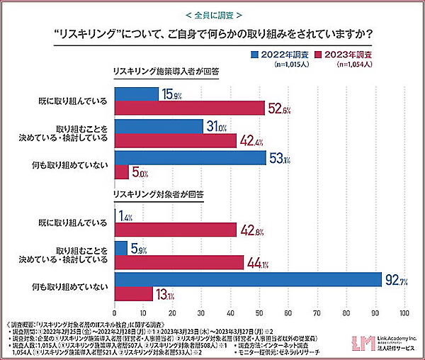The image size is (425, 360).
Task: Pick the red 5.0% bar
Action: (x=121, y=171)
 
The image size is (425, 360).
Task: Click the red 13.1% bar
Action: (x=133, y=293)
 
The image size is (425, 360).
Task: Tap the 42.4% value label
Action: (x=251, y=140)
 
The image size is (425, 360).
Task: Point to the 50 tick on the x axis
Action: (x=259, y=313)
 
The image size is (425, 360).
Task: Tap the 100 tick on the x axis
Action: (x=404, y=313)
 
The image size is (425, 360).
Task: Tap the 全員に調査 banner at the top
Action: (x=212, y=14)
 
